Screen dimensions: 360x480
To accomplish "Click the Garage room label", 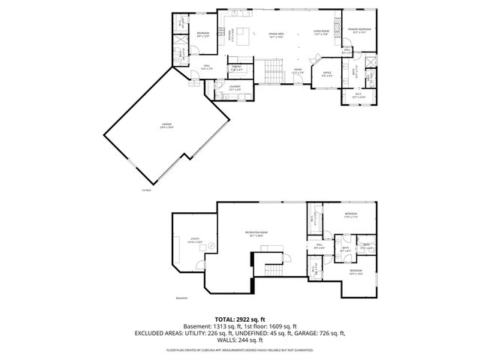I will tap(166, 127).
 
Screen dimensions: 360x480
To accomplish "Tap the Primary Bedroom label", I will tap(359, 31).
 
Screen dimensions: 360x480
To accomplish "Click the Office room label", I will tap(327, 74).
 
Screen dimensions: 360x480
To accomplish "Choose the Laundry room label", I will tap(235, 88).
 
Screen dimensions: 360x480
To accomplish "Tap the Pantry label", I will tap(235, 68).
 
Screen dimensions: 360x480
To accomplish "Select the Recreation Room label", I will tap(256, 235).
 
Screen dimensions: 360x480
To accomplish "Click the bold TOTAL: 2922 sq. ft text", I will tap(240, 319).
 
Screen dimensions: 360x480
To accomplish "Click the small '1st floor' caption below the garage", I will tap(145, 190).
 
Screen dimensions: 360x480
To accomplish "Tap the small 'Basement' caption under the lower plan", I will tap(181, 298).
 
